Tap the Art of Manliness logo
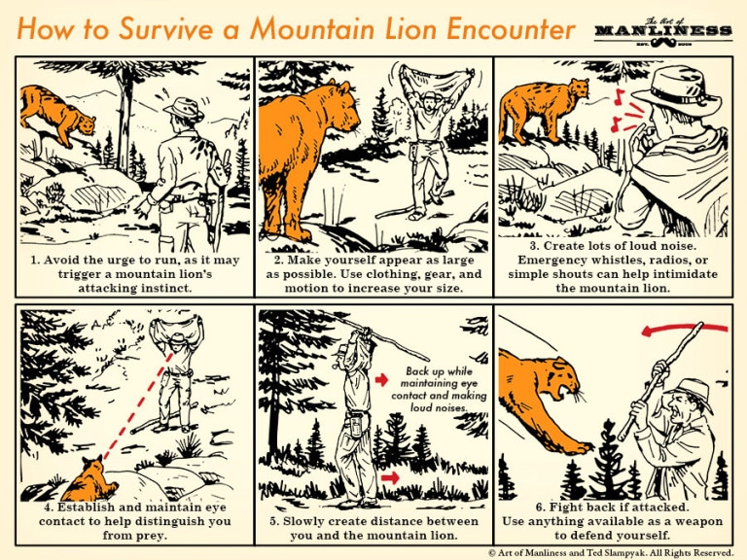tap(663, 31)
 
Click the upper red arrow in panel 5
tap(382, 378)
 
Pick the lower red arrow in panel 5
tap(388, 477)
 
